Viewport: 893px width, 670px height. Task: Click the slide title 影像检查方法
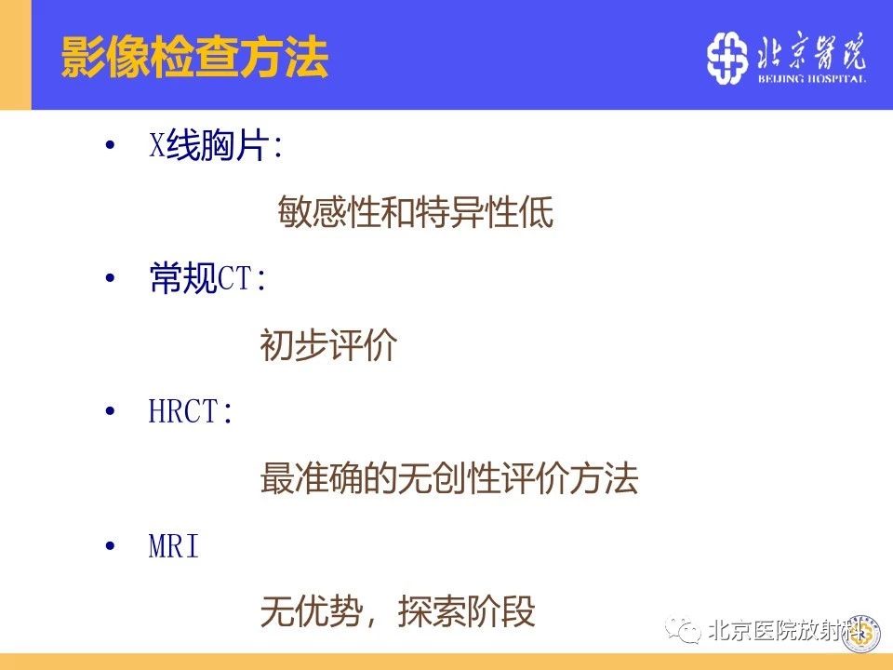[194, 57]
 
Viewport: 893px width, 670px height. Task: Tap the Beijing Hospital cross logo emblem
[727, 58]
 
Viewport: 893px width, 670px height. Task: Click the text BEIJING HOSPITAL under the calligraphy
[811, 78]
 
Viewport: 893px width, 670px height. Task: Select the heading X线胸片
[216, 145]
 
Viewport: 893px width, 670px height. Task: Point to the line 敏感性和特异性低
[415, 211]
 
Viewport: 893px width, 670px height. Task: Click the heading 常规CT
[207, 278]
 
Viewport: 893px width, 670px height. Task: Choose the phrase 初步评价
[328, 344]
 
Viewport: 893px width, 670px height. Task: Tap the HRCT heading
[191, 410]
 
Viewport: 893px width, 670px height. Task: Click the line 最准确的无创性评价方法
[448, 477]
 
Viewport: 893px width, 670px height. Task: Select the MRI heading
[174, 546]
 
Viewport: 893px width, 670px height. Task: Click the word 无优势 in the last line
[312, 611]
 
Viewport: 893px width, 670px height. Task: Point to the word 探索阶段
[466, 611]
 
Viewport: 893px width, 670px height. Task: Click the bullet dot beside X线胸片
[110, 145]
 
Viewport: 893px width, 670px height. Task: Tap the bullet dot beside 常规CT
[110, 278]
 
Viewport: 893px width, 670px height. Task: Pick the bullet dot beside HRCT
[110, 411]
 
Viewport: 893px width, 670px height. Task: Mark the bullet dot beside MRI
[110, 546]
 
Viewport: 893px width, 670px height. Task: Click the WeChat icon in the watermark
[683, 630]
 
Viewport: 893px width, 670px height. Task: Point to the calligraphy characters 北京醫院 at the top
[811, 51]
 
